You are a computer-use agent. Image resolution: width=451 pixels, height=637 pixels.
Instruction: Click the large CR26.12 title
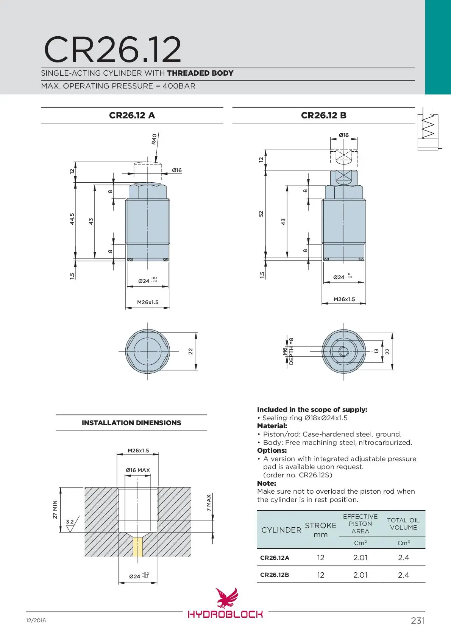112,50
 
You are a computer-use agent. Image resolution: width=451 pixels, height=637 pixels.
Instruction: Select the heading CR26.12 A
132,115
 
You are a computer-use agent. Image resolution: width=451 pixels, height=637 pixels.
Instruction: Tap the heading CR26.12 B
323,115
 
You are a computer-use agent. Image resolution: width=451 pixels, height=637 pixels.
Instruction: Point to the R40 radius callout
154,139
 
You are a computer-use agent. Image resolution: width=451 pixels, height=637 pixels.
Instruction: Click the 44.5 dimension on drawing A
72,219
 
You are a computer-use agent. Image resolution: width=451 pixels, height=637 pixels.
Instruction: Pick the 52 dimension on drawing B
261,214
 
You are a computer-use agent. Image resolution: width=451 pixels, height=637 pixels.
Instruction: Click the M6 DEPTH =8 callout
288,351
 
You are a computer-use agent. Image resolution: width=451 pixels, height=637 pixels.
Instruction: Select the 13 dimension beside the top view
376,351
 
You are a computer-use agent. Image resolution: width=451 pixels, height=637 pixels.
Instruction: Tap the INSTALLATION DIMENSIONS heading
131,423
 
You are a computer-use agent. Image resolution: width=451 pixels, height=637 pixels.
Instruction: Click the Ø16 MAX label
138,470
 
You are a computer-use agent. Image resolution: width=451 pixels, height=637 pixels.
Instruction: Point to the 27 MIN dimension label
55,510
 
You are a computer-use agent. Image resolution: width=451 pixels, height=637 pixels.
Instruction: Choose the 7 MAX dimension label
209,503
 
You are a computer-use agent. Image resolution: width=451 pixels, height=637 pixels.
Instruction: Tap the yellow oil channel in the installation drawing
138,547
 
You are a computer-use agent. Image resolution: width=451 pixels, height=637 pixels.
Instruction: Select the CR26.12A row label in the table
275,558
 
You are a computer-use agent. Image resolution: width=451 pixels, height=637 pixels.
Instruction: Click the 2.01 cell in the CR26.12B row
360,575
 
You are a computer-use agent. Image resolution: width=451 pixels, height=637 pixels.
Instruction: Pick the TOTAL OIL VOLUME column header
403,524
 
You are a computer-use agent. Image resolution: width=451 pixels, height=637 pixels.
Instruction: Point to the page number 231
418,621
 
